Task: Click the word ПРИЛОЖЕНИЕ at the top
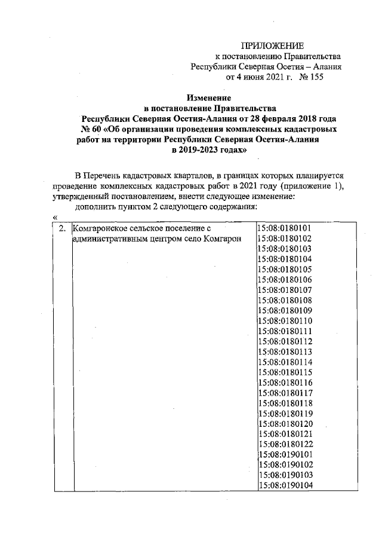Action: (272, 46)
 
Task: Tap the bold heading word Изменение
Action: (208, 97)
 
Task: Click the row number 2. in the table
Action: (60, 228)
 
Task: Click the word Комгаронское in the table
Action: (101, 228)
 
